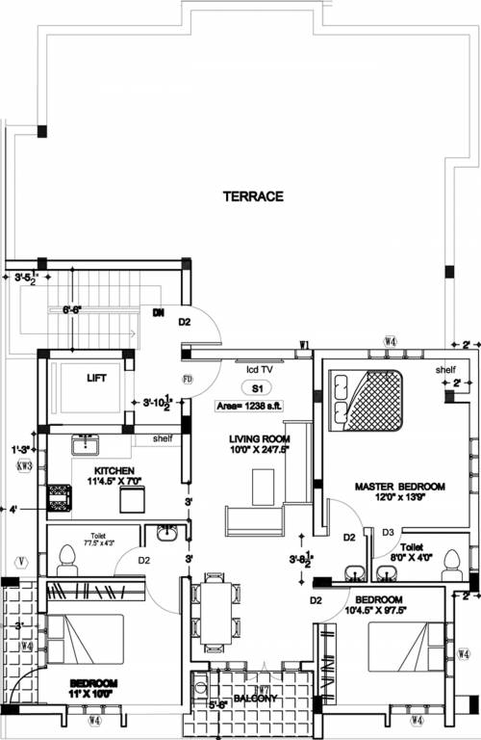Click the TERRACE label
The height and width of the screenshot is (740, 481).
click(x=253, y=196)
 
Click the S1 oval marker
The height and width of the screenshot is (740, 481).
click(x=257, y=388)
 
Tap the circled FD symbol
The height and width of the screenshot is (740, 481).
click(x=188, y=380)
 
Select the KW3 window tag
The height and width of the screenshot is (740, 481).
click(x=24, y=466)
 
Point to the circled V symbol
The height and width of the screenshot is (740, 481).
click(x=21, y=561)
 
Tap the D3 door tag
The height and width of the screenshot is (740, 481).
click(x=389, y=531)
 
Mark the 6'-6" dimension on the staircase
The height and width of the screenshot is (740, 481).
click(x=71, y=310)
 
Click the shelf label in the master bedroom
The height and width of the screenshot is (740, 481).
click(x=443, y=369)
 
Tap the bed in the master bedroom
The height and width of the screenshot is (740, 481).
click(x=368, y=399)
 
